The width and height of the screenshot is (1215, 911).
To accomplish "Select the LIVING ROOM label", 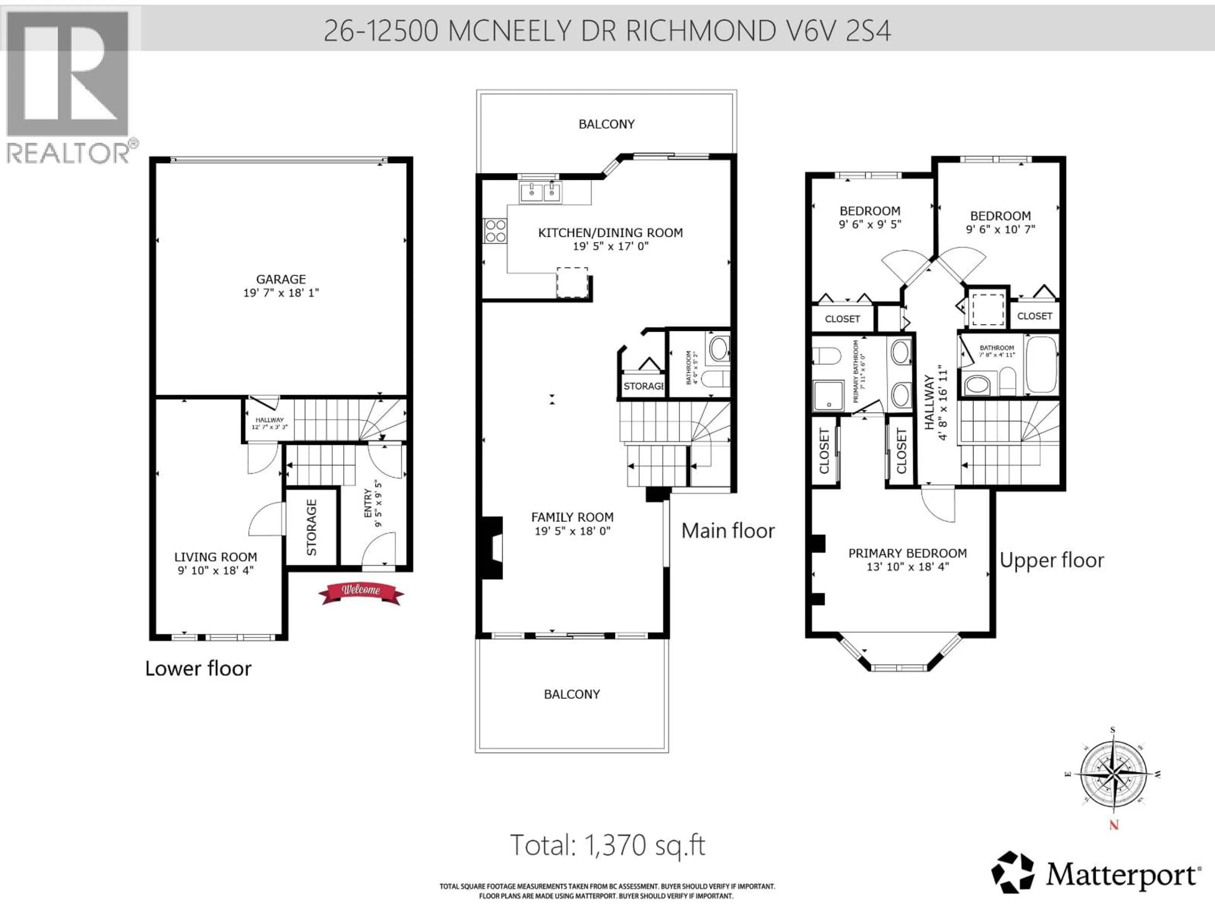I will pos(215,557).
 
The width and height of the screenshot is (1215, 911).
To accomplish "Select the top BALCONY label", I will pos(607,124).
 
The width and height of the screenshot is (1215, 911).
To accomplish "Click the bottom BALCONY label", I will pos(572,694).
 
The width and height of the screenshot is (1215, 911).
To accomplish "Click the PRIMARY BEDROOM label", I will pos(907,553).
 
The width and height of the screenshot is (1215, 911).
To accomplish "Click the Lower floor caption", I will pos(198,668).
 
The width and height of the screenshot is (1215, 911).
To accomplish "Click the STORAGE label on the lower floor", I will pos(311,527).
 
